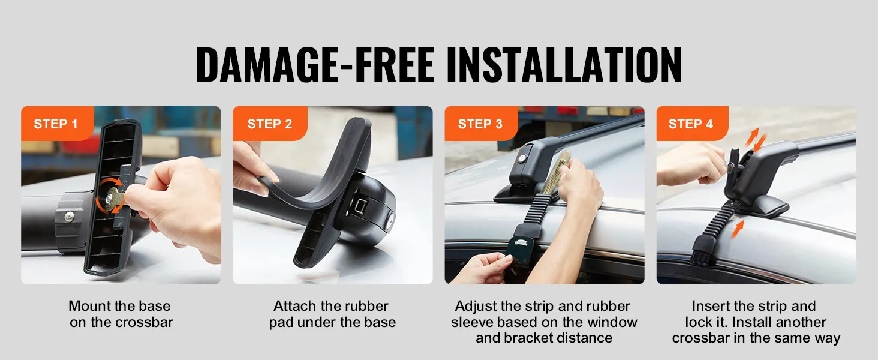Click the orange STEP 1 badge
click(57, 123)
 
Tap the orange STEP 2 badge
click(270, 123)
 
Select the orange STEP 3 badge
click(481, 123)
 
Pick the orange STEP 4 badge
click(692, 123)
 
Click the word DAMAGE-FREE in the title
click(315, 65)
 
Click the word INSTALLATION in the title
click(564, 65)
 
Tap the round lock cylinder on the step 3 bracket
click(522, 159)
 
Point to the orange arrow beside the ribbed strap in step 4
click(737, 229)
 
